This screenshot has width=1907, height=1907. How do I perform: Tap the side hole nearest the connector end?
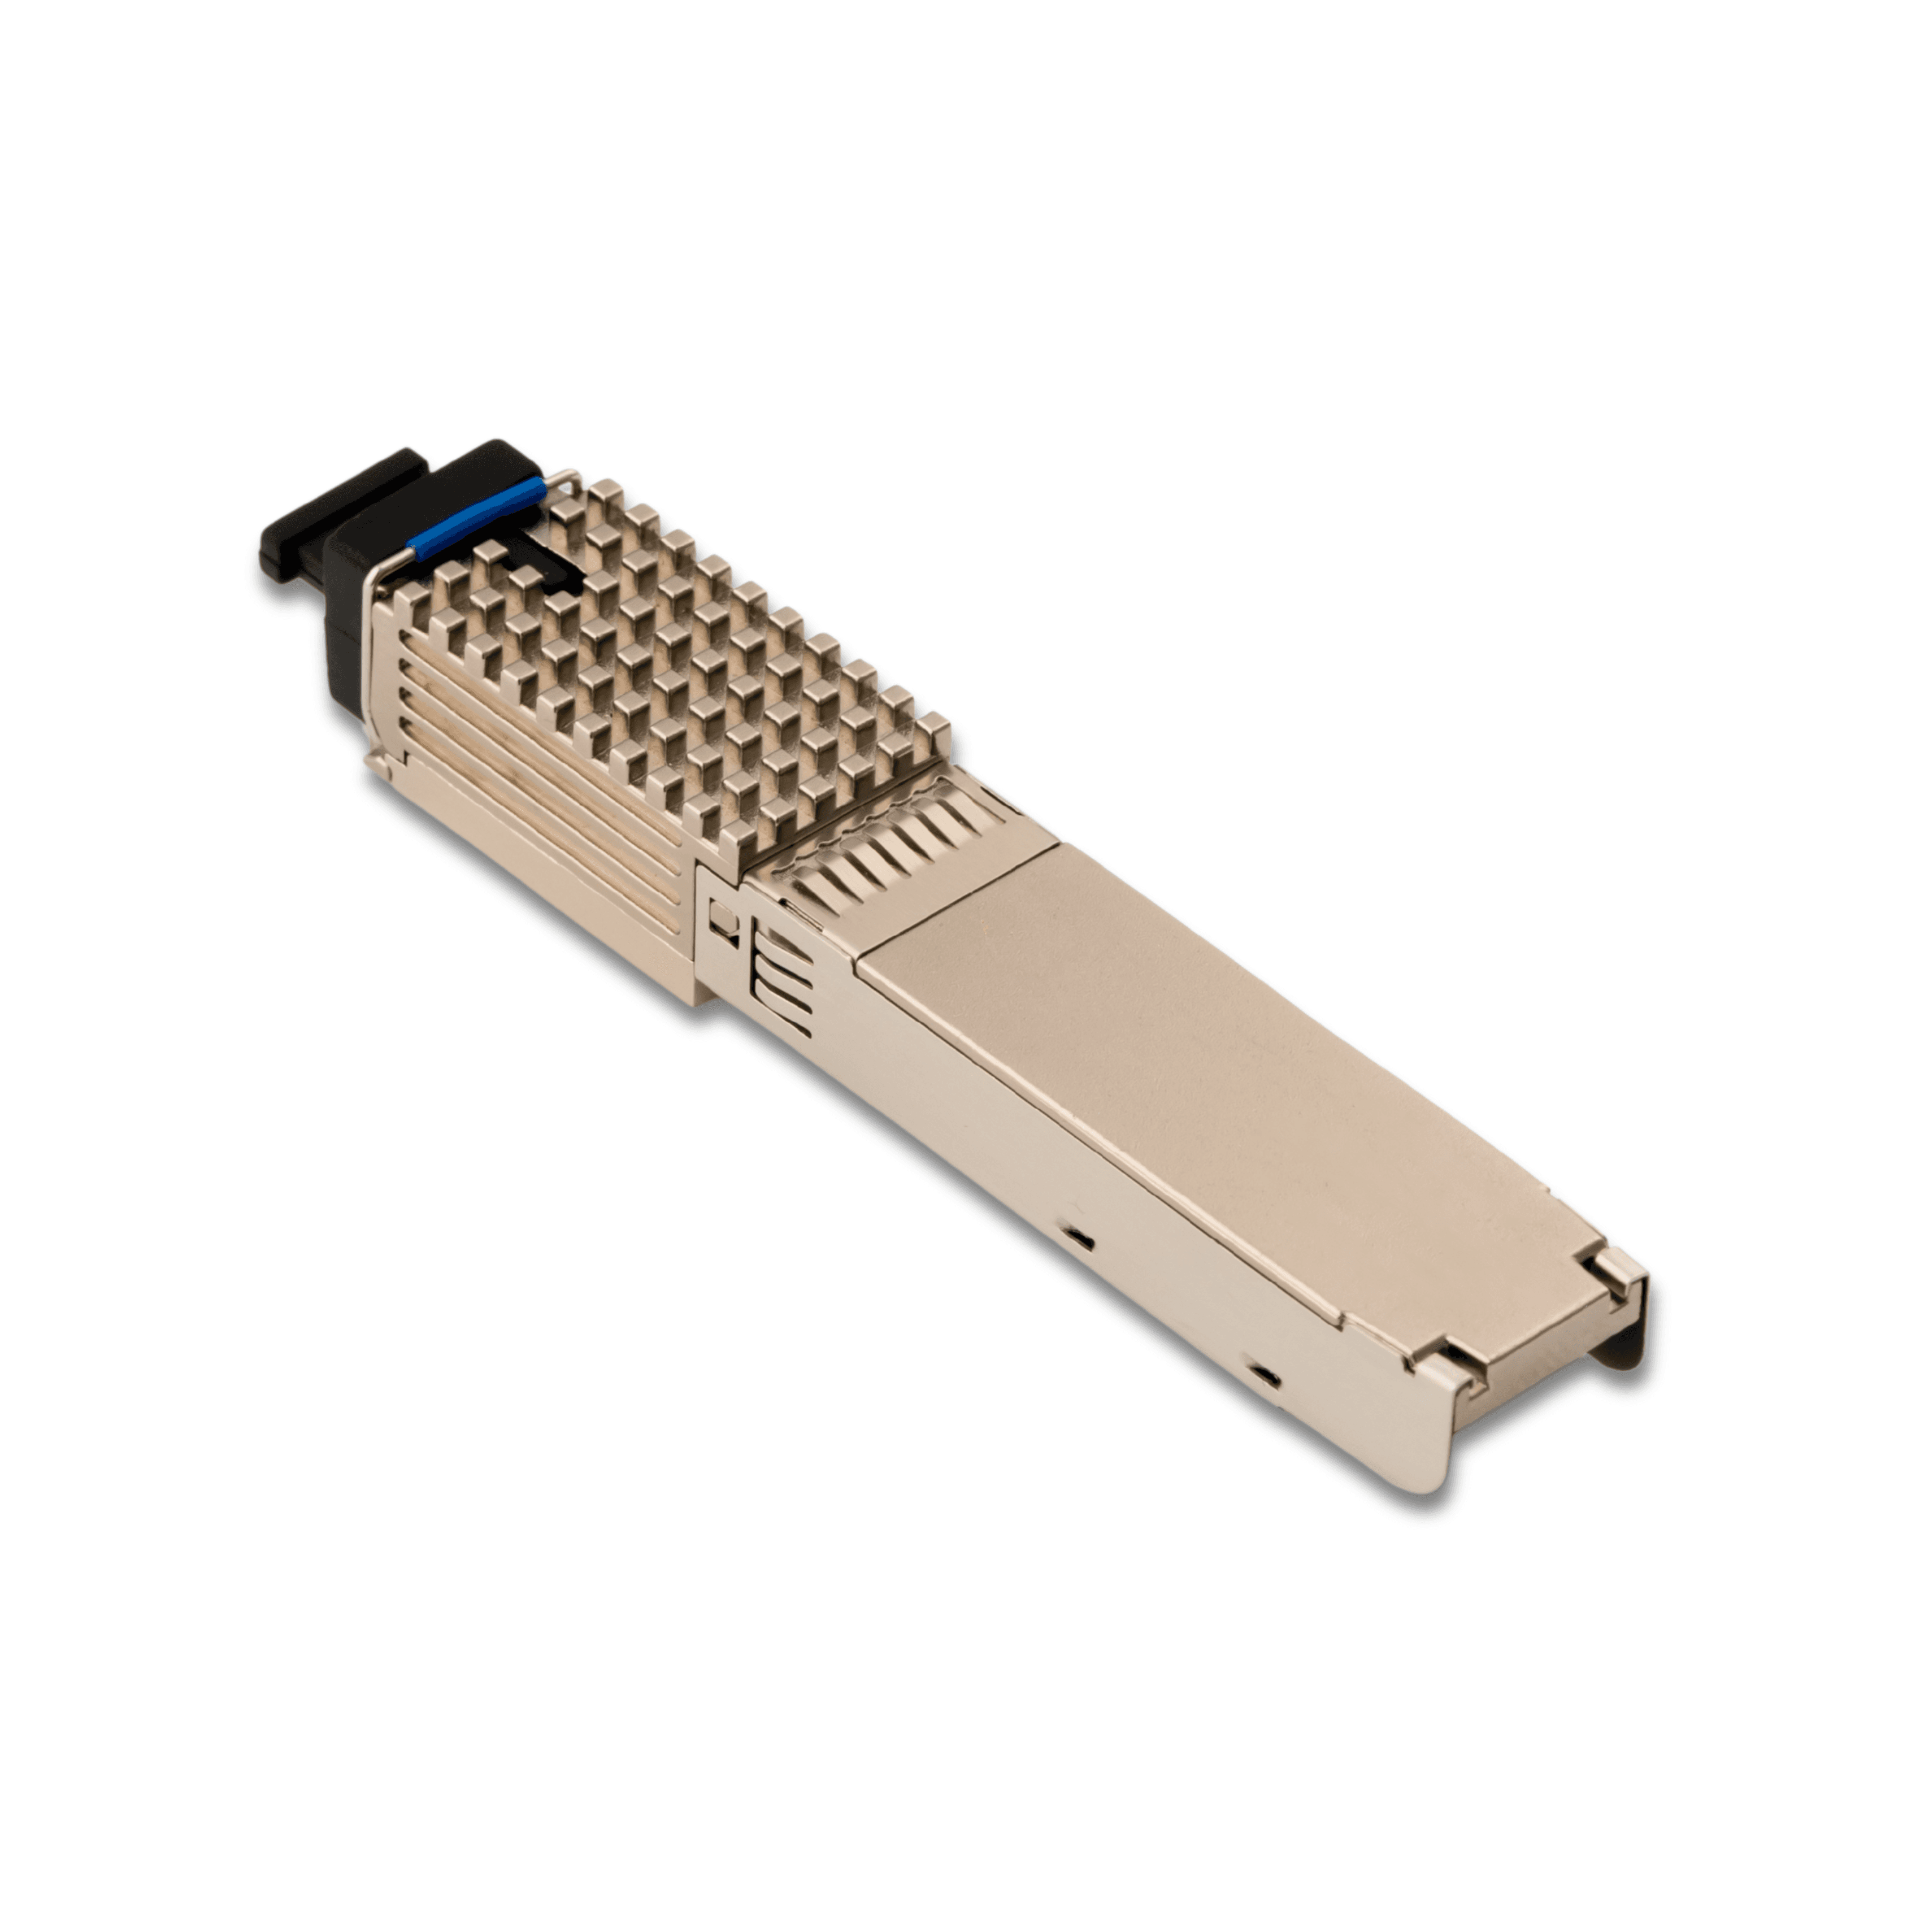[x=1263, y=1375]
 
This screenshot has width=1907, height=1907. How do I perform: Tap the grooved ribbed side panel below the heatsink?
[x=533, y=790]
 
